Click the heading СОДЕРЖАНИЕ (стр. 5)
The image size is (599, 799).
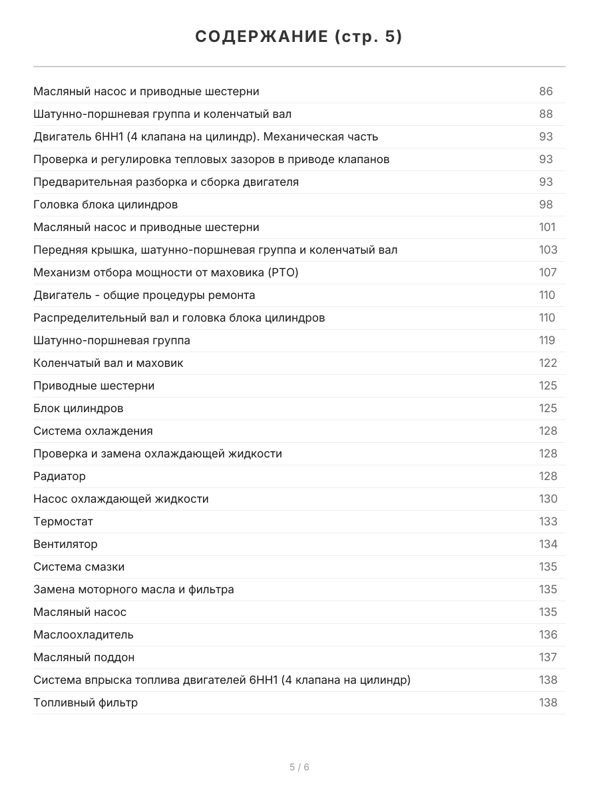click(x=299, y=37)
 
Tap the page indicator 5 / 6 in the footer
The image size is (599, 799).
click(x=299, y=767)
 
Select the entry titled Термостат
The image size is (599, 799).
click(x=63, y=521)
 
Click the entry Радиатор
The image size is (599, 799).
click(x=59, y=476)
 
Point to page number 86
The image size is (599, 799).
click(x=546, y=91)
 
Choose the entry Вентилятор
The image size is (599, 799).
click(x=65, y=544)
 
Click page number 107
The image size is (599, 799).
click(x=548, y=272)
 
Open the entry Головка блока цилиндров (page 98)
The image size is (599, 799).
click(x=105, y=204)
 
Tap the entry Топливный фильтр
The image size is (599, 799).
click(x=85, y=702)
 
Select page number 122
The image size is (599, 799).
click(x=548, y=363)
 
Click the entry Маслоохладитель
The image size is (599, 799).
click(x=83, y=635)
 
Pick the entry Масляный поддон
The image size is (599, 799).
click(x=84, y=657)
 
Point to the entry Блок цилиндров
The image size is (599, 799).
click(x=78, y=408)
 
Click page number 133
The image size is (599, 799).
click(x=548, y=521)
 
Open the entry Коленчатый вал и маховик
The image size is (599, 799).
click(x=108, y=363)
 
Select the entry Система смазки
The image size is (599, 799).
click(x=79, y=567)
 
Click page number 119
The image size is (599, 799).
click(x=546, y=340)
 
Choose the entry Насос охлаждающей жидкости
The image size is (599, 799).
click(x=120, y=499)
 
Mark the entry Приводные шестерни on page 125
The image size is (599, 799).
click(x=94, y=386)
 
